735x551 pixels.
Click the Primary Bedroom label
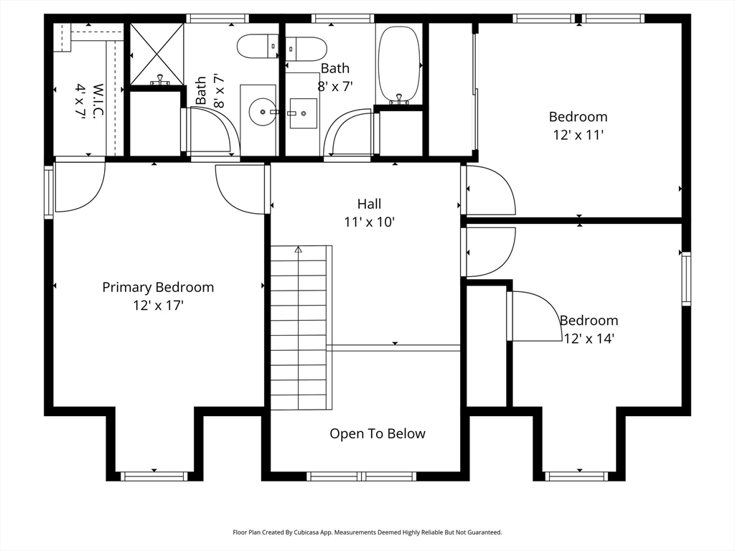point(158,287)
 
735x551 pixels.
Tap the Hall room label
point(370,204)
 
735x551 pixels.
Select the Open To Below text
point(378,434)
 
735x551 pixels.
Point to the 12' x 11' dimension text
point(578,135)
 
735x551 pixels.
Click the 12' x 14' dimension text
point(589,339)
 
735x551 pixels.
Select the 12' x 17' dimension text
point(158,306)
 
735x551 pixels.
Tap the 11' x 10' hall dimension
point(370,222)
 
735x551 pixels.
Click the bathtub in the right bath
point(399,64)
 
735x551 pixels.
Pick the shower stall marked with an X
point(156,55)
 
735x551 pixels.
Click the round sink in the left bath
point(263,111)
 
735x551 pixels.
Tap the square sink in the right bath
point(304,113)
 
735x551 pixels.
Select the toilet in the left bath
point(258,47)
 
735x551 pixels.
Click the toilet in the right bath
point(306,49)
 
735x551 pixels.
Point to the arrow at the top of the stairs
point(299,250)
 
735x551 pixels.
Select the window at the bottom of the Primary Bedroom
point(154,476)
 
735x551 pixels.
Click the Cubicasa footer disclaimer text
point(367,532)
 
